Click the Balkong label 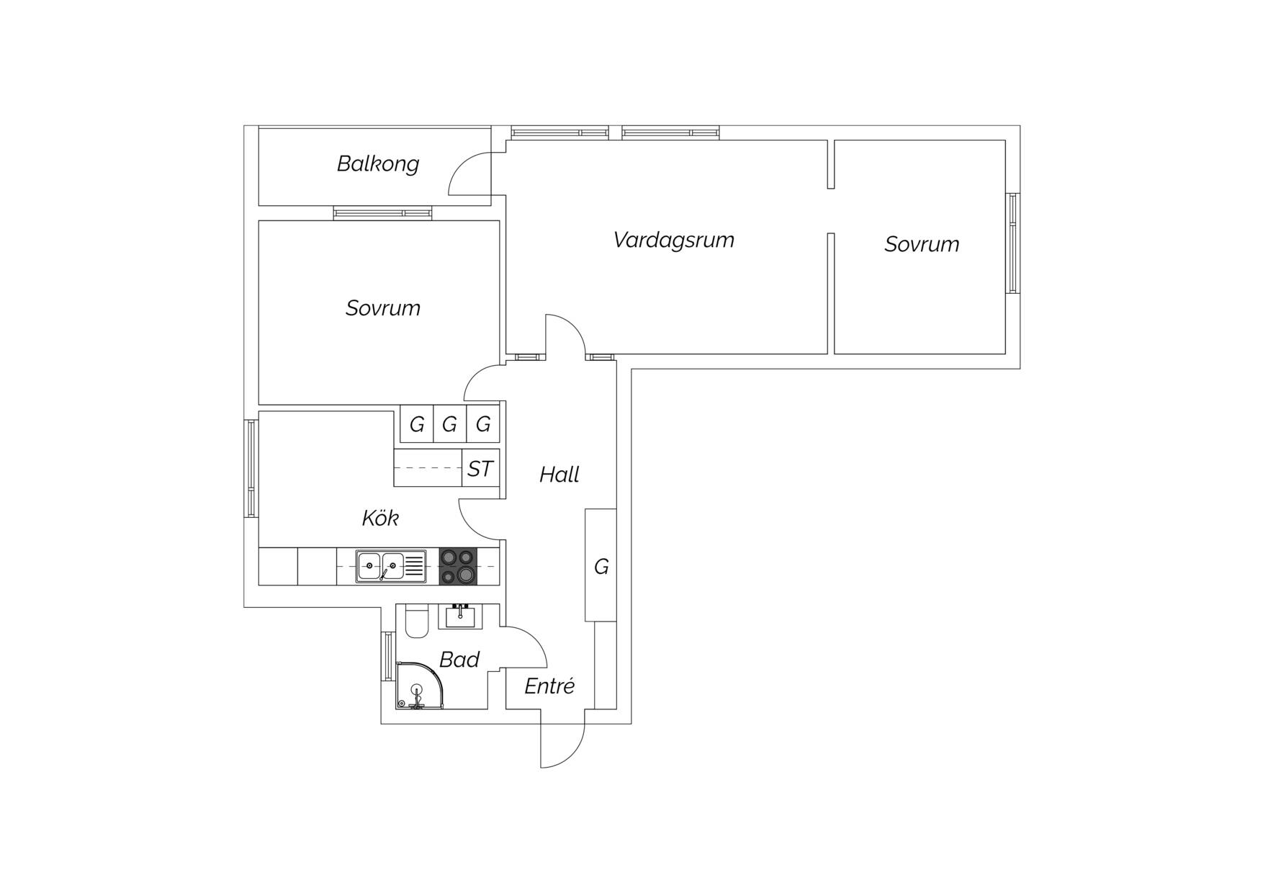377,164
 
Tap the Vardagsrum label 673,241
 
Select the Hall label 559,475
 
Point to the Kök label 379,518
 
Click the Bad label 459,660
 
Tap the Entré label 549,686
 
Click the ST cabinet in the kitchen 480,468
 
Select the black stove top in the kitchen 458,566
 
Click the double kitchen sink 391,567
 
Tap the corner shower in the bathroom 419,686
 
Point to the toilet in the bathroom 417,621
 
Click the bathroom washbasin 460,616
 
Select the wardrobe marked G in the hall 601,565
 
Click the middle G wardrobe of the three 450,424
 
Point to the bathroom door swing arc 533,640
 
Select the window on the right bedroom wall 1012,243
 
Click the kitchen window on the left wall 251,468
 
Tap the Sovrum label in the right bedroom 922,245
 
